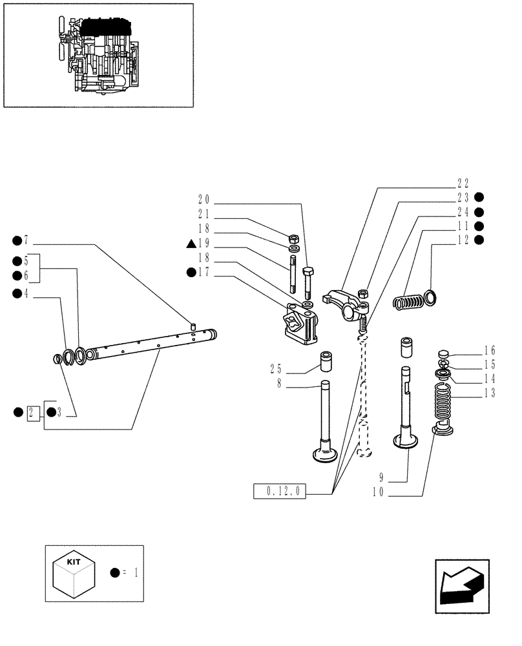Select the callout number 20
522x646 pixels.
[x=204, y=200]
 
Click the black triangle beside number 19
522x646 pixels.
[x=191, y=244]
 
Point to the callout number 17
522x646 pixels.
[x=204, y=273]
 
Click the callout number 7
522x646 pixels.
[x=26, y=241]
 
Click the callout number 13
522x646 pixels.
[x=489, y=393]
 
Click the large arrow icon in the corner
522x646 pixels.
[x=461, y=587]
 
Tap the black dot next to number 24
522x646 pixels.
[x=479, y=212]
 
